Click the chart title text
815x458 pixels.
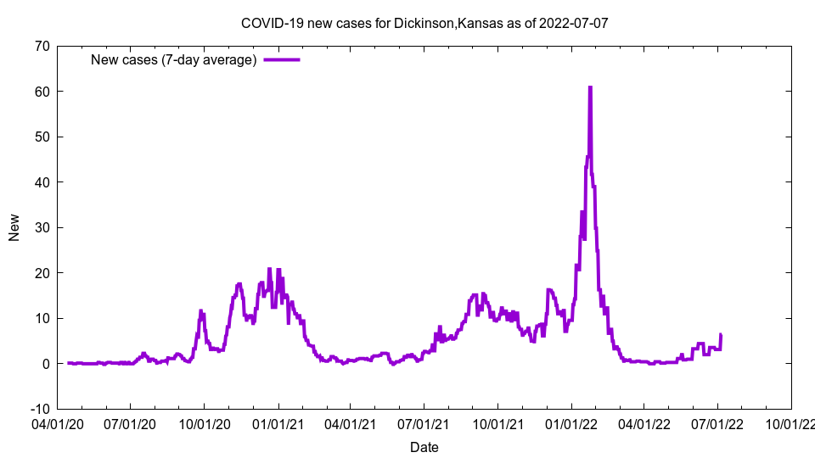[424, 23]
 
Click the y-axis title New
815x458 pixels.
[14, 227]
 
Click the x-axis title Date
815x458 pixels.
[424, 447]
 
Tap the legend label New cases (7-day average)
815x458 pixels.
[173, 59]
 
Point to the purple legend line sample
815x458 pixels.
[282, 59]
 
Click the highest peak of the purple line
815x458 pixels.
[590, 87]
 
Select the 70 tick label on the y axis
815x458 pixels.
[41, 46]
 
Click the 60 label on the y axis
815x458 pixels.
[41, 92]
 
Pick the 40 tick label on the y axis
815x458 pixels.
[41, 182]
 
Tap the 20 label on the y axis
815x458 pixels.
[41, 273]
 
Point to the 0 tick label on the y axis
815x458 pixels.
[45, 364]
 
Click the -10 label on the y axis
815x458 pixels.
[38, 409]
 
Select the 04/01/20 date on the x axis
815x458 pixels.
[58, 422]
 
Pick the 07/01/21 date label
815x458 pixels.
[424, 422]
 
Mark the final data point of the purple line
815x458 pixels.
[721, 335]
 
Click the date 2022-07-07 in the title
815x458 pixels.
[573, 23]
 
